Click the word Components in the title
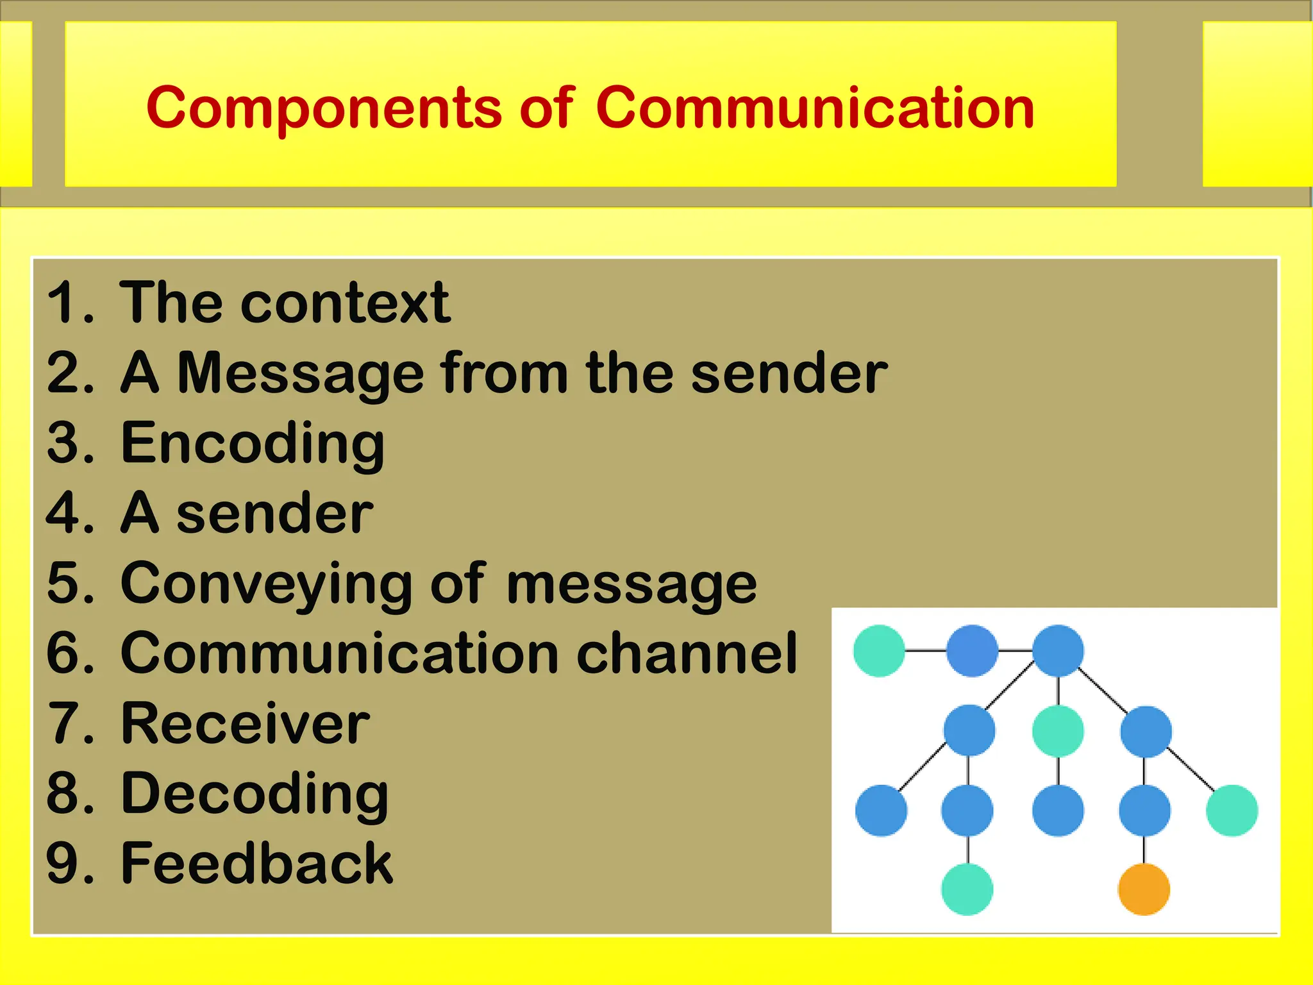[x=324, y=109]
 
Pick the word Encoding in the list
[x=253, y=444]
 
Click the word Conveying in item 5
[x=266, y=584]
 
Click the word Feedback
[x=256, y=864]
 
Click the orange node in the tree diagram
[x=1144, y=889]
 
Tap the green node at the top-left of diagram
[x=879, y=651]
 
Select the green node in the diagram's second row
[x=1058, y=731]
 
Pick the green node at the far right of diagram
[x=1232, y=810]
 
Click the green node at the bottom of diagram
[x=967, y=889]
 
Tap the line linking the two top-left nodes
[x=925, y=651]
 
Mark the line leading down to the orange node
[x=1144, y=850]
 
